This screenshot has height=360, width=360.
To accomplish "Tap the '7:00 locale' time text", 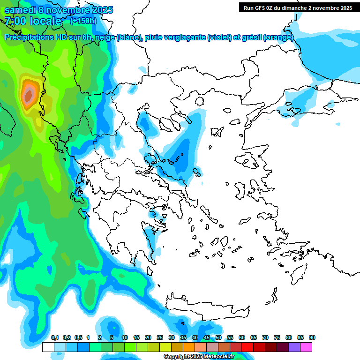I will pyautogui.click(x=33, y=21).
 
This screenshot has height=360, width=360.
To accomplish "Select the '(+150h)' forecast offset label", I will pyautogui.click(x=83, y=21).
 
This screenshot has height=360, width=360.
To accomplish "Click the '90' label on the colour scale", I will pyautogui.click(x=312, y=337).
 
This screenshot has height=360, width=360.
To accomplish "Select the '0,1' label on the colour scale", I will pyautogui.click(x=54, y=337).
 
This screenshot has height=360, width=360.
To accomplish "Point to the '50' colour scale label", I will pyautogui.click(x=218, y=337).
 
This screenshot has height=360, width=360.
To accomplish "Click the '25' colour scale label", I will pyautogui.click(x=160, y=337).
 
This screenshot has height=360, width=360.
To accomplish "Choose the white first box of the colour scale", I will pyautogui.click(x=48, y=347).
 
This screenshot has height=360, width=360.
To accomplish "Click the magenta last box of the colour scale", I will pyautogui.click(x=306, y=347).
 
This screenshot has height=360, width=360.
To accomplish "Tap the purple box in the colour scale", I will pyautogui.click(x=294, y=347).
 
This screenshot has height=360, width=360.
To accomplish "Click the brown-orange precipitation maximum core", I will pyautogui.click(x=29, y=96).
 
